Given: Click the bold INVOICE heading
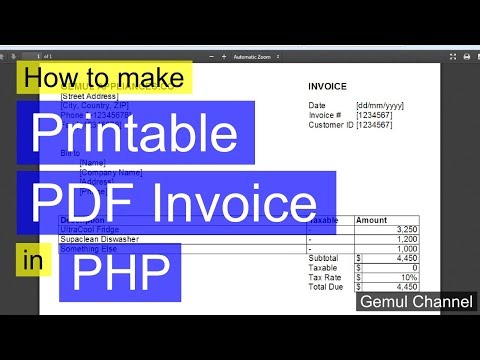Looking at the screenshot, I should point(327,86).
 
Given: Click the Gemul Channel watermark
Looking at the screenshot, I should point(416,300).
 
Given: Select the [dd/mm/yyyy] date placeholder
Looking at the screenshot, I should point(381,105).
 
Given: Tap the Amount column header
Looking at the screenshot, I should point(372,219).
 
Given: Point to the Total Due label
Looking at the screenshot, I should point(327,287).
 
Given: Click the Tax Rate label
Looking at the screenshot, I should point(325,277).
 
